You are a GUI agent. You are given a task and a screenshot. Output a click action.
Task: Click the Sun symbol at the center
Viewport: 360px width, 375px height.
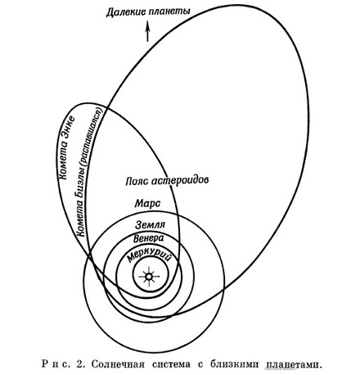pyautogui.click(x=149, y=277)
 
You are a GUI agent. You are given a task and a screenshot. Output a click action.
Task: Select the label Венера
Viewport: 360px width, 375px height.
pyautogui.click(x=149, y=238)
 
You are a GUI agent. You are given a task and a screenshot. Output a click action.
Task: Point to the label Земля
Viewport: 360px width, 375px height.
pyautogui.click(x=151, y=225)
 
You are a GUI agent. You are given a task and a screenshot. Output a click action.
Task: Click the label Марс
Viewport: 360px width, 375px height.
pyautogui.click(x=147, y=204)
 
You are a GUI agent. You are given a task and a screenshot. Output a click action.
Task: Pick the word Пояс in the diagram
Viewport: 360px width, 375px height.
pyautogui.click(x=136, y=181)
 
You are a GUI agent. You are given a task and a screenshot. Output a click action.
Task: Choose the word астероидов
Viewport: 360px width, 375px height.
pyautogui.click(x=180, y=181)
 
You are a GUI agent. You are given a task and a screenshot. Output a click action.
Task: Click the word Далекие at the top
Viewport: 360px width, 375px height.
pyautogui.click(x=125, y=12)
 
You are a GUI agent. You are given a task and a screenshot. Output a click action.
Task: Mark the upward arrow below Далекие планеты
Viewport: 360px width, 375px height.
pyautogui.click(x=147, y=31)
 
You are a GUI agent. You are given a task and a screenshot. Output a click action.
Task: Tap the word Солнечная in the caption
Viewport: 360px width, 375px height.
pyautogui.click(x=118, y=364)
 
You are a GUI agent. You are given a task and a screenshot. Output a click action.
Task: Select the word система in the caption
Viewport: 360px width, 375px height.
pyautogui.click(x=171, y=364)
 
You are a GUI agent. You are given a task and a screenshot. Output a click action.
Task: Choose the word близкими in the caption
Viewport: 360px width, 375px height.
pyautogui.click(x=234, y=364)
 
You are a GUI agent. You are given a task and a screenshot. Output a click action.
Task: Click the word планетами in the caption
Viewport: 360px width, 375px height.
pyautogui.click(x=294, y=365)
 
